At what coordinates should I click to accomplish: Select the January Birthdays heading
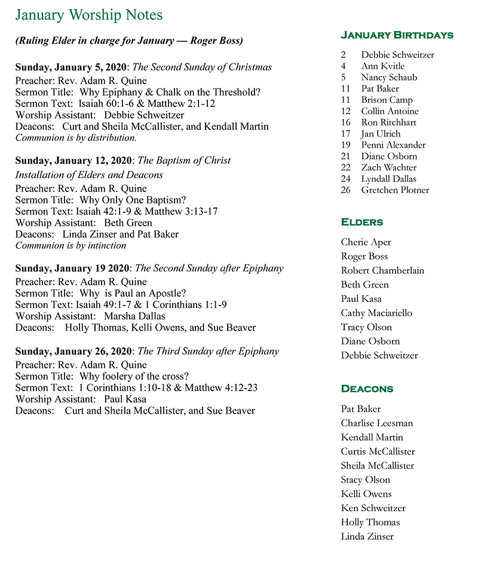[397, 35]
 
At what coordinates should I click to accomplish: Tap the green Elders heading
[362, 222]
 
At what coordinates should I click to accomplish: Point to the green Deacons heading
[367, 389]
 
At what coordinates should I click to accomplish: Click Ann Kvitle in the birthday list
[382, 66]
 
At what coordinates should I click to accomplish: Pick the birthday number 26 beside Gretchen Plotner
[346, 190]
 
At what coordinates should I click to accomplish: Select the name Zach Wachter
[388, 167]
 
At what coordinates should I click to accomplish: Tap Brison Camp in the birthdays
[387, 100]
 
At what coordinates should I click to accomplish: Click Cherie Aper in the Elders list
[366, 242]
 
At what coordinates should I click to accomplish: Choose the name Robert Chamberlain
[382, 270]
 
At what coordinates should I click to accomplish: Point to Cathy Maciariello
[376, 313]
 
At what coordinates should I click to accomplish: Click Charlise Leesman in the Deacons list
[376, 423]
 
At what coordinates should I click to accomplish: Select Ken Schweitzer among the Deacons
[373, 508]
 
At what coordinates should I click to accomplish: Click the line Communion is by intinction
[71, 245]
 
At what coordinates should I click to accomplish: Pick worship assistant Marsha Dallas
[134, 316]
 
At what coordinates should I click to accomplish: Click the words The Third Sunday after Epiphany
[209, 352]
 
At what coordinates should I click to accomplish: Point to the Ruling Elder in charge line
[128, 41]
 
